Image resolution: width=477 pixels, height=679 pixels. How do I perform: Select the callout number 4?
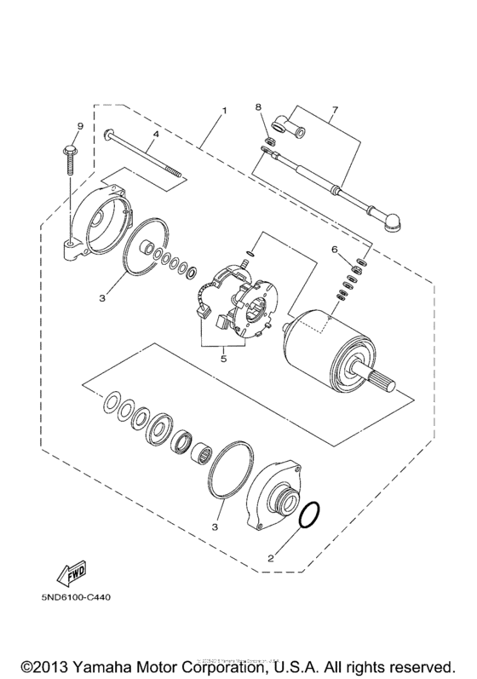[x=156, y=134]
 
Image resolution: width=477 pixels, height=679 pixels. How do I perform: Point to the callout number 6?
[x=335, y=249]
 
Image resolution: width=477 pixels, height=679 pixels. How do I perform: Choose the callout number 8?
[x=260, y=107]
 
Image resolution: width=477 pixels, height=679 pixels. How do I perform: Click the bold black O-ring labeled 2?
[x=312, y=517]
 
